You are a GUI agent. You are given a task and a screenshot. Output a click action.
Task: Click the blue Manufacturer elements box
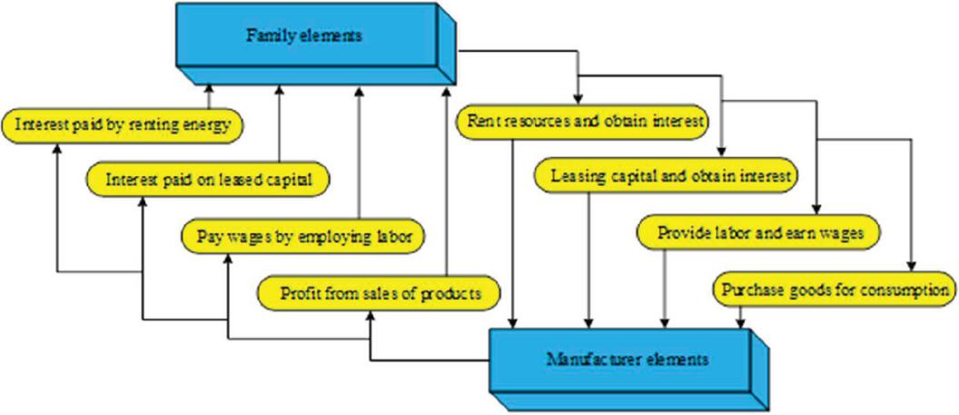627,359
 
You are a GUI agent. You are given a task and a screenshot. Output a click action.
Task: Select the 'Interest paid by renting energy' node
124,124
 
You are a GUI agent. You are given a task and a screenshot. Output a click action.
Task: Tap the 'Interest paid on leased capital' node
209,179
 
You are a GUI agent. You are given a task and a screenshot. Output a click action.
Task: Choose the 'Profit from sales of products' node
380,292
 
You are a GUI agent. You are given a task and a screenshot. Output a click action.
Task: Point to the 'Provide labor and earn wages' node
761,233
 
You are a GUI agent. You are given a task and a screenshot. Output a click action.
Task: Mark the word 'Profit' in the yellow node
298,293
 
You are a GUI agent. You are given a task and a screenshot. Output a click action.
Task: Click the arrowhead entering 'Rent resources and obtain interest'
578,100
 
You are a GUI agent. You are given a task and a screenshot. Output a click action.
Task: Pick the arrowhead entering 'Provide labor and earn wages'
816,212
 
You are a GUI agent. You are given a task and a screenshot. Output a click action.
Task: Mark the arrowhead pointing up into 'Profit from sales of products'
369,314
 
